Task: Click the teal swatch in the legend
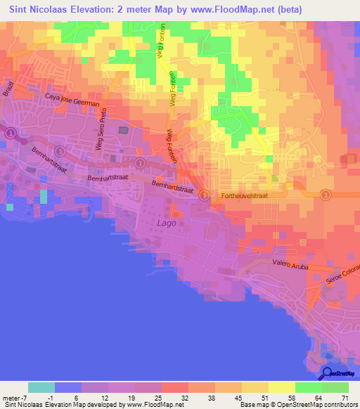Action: (41, 387)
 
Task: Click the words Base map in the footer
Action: (252, 405)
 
